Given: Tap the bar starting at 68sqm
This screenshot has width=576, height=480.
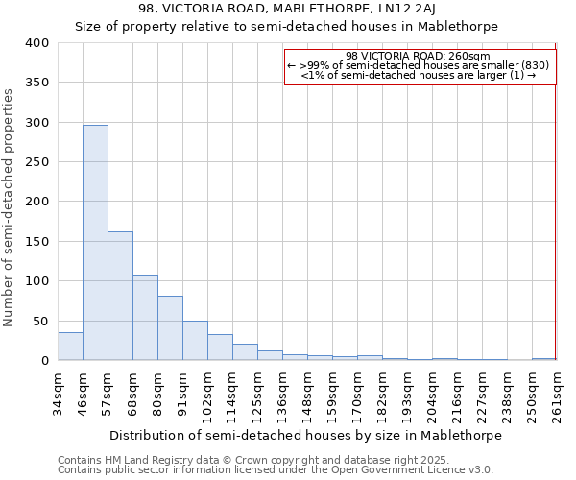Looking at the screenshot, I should click(x=145, y=318).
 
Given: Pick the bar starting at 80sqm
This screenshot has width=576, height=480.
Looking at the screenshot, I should click(x=170, y=328).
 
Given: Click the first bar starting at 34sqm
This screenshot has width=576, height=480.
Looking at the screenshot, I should click(x=70, y=347).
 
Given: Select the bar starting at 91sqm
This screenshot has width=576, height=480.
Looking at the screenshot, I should click(x=195, y=341).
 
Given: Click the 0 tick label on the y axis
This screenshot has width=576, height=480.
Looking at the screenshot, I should click(x=44, y=361).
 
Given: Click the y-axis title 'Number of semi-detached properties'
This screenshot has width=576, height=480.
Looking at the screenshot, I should click(x=9, y=207).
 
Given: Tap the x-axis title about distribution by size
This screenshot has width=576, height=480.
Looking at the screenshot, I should click(x=305, y=435).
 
